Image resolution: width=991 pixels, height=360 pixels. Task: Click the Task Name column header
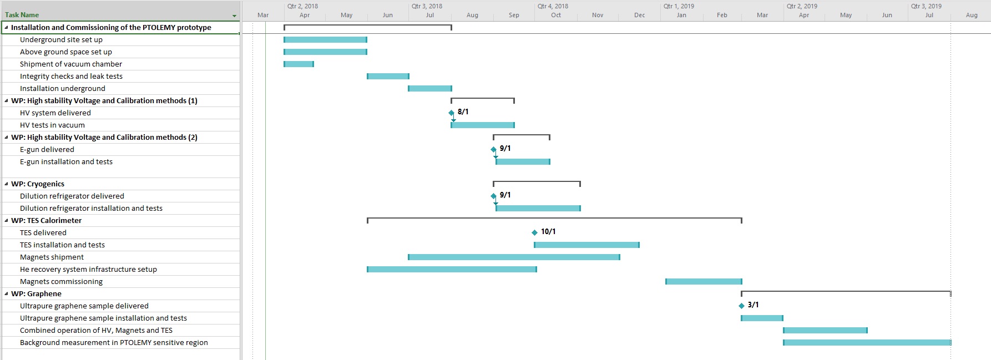[x=22, y=15]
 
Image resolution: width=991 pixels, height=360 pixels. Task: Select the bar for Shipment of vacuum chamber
[x=299, y=64]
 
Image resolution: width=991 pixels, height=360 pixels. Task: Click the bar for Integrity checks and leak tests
[x=388, y=77]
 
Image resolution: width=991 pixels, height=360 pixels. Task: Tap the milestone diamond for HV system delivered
[x=451, y=113]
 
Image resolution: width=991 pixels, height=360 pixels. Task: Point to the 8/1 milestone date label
[x=463, y=112]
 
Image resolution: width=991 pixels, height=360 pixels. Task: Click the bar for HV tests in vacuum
[x=483, y=125]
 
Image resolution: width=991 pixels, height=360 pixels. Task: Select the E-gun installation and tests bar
[x=523, y=162]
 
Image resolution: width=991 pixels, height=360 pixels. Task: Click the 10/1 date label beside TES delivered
[x=548, y=232]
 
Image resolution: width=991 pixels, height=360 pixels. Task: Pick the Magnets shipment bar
[x=514, y=257]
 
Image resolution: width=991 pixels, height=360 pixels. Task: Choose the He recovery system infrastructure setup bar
[x=452, y=270]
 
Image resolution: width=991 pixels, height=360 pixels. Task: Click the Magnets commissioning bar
[x=704, y=282]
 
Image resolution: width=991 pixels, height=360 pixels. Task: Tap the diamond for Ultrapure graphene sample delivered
[x=741, y=306]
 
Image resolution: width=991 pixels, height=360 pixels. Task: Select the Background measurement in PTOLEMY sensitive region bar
[x=867, y=343]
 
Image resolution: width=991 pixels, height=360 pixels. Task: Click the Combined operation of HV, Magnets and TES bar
[x=825, y=331]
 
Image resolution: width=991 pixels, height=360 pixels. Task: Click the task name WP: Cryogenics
[x=38, y=184]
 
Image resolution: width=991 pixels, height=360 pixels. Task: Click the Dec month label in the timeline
[x=640, y=15]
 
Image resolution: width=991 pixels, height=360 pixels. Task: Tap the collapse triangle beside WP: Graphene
[x=6, y=294]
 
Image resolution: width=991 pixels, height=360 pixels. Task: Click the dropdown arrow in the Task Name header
[x=234, y=16]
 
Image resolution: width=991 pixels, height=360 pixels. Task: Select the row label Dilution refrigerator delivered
[x=72, y=196]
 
